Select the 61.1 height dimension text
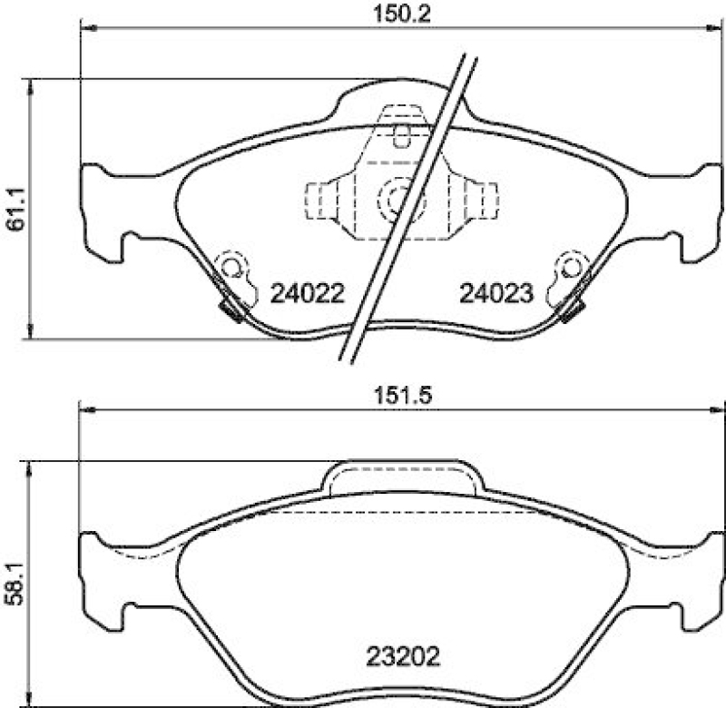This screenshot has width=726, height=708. (15, 209)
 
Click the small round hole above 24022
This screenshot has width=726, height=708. (232, 268)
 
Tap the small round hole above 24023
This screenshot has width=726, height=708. (570, 268)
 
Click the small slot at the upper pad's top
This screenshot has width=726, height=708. (402, 136)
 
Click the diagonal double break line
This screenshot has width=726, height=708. (408, 209)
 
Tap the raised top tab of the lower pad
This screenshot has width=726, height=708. (401, 477)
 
